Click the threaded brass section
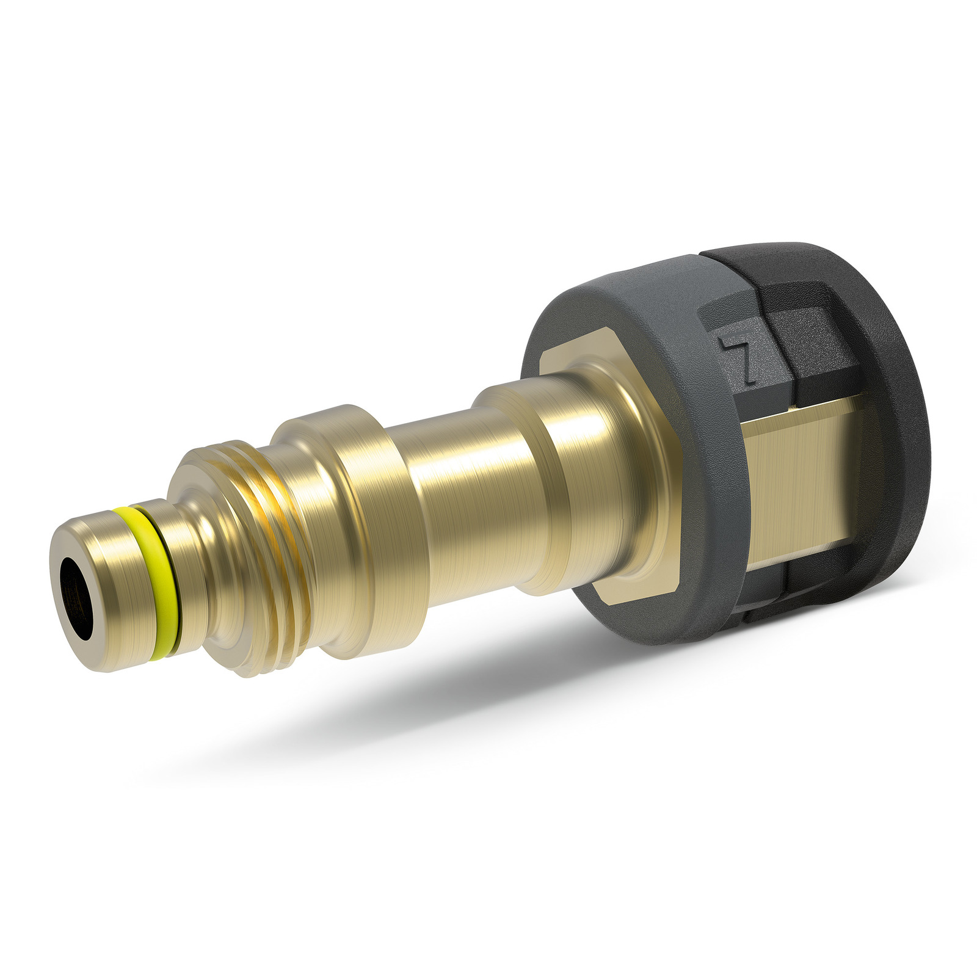244,550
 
